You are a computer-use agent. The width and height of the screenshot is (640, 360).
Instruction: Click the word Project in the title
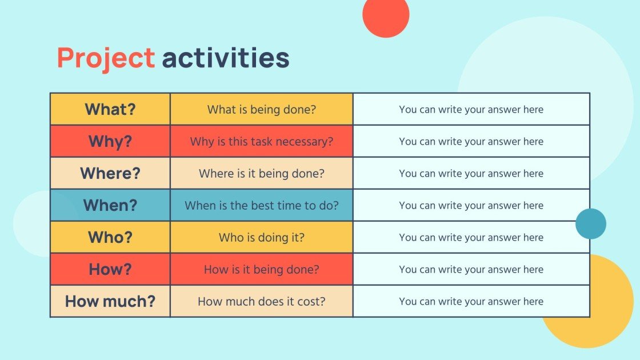(106, 58)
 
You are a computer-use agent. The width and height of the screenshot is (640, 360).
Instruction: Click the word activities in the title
(226, 57)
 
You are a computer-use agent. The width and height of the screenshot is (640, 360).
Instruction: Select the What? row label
(110, 109)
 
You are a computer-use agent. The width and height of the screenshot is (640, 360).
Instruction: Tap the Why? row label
(110, 141)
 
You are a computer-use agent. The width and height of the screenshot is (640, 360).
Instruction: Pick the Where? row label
(110, 173)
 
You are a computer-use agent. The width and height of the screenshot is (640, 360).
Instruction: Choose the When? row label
(110, 205)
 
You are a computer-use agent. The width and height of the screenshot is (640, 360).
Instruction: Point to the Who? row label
(110, 237)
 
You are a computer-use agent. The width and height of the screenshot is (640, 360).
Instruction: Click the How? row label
(110, 269)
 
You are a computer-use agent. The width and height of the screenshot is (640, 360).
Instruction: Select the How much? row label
(110, 301)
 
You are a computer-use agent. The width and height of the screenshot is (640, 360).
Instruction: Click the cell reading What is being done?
(262, 109)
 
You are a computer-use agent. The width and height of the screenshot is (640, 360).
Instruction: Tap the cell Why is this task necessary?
(262, 141)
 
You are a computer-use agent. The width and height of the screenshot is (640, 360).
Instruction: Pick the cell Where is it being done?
(262, 173)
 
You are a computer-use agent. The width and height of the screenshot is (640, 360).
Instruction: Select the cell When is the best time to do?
(262, 205)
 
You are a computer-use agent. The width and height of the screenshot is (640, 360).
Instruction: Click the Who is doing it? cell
(262, 237)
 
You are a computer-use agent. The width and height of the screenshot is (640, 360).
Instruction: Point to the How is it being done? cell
(262, 269)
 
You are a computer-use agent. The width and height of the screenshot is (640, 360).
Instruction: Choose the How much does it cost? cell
(262, 301)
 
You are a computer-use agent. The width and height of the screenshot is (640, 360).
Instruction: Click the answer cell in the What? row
(471, 109)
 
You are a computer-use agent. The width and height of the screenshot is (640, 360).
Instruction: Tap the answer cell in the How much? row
(471, 301)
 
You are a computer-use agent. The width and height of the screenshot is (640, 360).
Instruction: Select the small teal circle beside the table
(591, 223)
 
